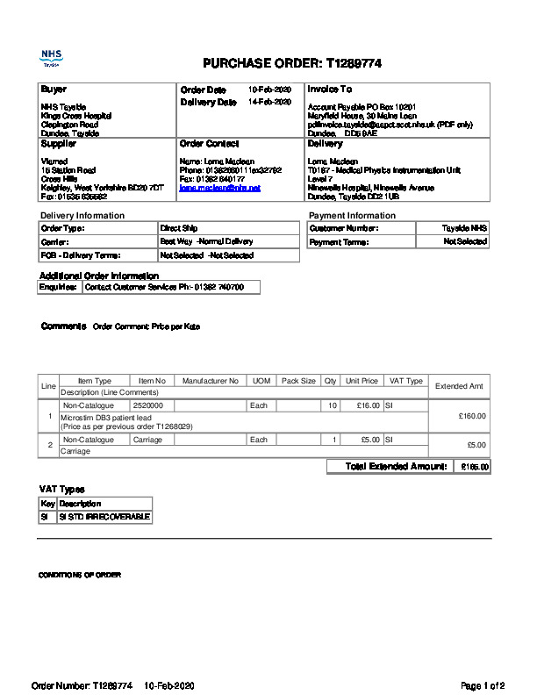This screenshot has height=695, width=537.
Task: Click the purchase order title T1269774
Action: (292, 64)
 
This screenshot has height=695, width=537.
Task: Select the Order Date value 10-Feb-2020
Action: (269, 90)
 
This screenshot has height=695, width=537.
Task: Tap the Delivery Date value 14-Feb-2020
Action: (269, 102)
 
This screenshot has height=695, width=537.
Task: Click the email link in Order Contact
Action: (219, 188)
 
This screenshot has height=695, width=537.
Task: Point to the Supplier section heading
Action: (60, 143)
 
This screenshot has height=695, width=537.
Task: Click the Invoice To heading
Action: (329, 90)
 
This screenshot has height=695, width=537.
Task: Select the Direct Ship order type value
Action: (178, 228)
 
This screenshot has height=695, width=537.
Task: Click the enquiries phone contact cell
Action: (170, 287)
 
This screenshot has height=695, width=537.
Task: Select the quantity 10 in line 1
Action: (332, 405)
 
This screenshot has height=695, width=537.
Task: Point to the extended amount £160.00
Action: (472, 416)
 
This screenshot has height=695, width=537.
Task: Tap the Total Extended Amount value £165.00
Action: (475, 467)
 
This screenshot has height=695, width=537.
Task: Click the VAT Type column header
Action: (405, 381)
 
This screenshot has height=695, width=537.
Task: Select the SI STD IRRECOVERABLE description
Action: (104, 517)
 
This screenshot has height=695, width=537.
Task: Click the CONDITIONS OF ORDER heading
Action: (79, 575)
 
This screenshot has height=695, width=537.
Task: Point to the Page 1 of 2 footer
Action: (483, 685)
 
